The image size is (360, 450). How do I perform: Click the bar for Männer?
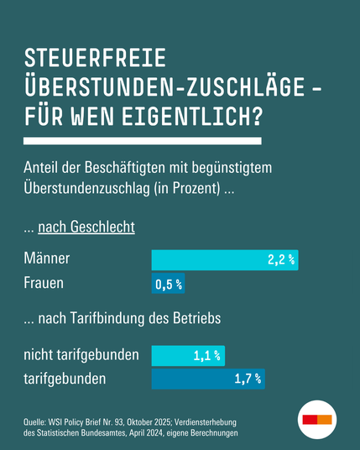[224, 260]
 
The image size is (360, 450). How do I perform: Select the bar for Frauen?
[168, 285]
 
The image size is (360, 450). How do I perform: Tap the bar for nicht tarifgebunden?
[188, 356]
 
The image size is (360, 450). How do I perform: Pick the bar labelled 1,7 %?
[208, 379]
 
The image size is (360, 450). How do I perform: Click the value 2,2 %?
[281, 260]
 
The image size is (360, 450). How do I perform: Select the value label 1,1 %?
[207, 356]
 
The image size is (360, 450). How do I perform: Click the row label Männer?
[46, 259]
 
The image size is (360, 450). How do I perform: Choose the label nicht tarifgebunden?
[81, 355]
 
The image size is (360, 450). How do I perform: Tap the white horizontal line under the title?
[143, 140]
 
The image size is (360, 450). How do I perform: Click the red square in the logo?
[310, 419]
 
